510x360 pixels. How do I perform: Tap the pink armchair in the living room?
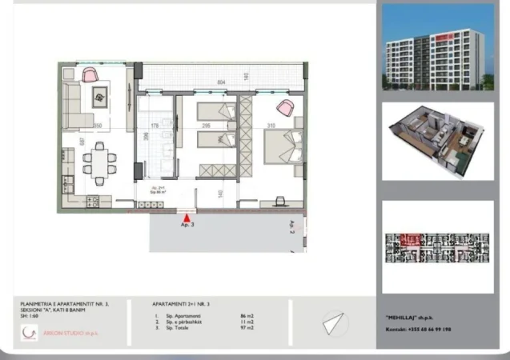[89, 74]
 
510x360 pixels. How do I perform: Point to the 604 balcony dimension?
[221, 83]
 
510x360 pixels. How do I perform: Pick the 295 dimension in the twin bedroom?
[205, 126]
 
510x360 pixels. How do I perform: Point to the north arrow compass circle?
[335, 324]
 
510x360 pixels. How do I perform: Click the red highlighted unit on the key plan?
[413, 238]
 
